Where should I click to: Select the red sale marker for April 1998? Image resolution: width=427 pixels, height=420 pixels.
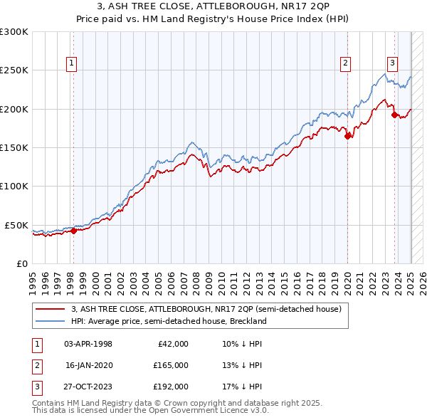pos(73,230)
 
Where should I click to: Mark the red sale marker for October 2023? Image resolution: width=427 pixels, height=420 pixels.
pos(394,115)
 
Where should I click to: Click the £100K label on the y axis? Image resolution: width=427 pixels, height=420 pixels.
pos(15,186)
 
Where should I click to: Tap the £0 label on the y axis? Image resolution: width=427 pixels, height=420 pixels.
pos(21,263)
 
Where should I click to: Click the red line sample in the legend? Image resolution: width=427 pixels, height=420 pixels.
pos(51,309)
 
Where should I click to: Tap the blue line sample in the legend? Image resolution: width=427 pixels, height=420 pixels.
pos(51,321)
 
